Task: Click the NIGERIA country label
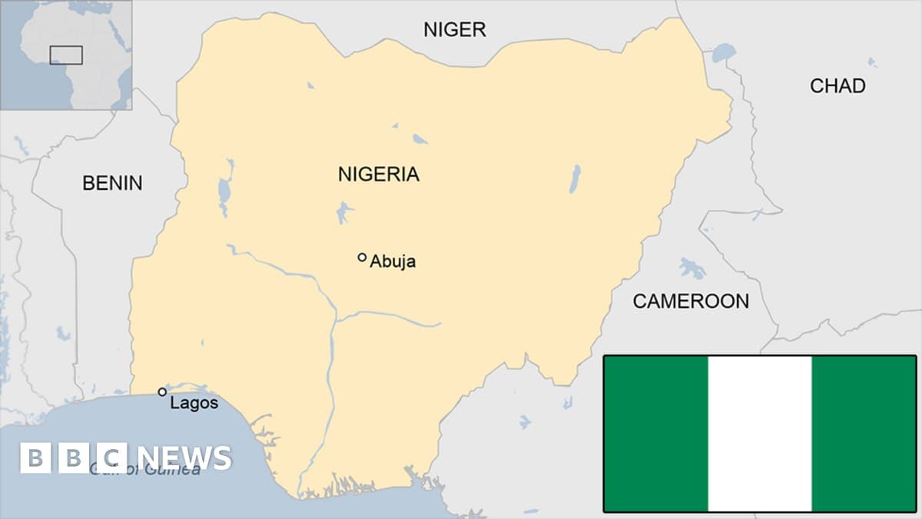coord(378,175)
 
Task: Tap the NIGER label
coord(455,30)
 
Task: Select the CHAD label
coord(837,85)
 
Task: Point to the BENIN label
coord(112,183)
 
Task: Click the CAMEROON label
coord(690,301)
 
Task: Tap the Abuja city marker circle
coord(362,258)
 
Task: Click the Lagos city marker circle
coord(162,392)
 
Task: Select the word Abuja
coord(393,261)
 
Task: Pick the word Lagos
coord(194,403)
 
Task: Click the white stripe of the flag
coord(759,434)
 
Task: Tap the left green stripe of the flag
coord(655,434)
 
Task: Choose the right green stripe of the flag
coord(864,434)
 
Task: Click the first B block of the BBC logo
coord(35,458)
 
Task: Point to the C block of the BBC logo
coord(111,458)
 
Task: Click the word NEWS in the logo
coord(181,458)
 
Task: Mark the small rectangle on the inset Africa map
coord(66,55)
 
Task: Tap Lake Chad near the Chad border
coord(723,53)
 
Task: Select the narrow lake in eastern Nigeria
coord(575,179)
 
